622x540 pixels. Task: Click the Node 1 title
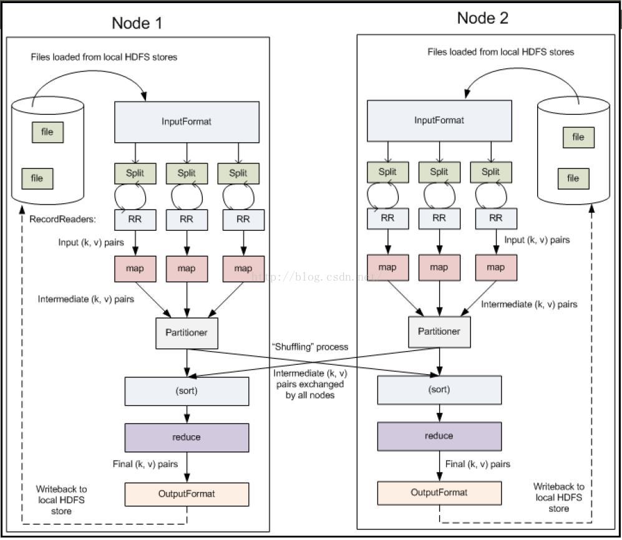(x=137, y=23)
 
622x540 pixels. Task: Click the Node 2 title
(x=482, y=18)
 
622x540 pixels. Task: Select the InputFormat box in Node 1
(x=187, y=122)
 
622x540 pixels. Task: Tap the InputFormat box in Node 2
(x=439, y=120)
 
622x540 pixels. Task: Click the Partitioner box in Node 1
(x=187, y=333)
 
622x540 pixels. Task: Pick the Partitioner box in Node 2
(x=440, y=332)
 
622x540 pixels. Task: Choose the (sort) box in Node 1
(x=187, y=391)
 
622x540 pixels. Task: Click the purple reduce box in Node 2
(x=439, y=436)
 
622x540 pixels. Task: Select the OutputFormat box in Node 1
(x=187, y=494)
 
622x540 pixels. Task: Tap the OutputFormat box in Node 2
(x=439, y=493)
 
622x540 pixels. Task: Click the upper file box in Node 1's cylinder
(x=47, y=132)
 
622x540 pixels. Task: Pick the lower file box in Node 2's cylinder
(x=573, y=178)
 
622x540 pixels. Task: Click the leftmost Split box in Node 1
(x=135, y=173)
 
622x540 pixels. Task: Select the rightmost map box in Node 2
(x=496, y=268)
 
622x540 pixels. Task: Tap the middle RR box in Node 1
(x=187, y=219)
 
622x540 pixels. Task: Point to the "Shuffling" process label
(x=310, y=347)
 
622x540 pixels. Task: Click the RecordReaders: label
(x=62, y=219)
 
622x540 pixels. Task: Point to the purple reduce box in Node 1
(x=187, y=438)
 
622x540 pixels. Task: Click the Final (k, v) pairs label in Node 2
(x=478, y=464)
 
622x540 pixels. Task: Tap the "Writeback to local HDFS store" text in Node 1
(x=62, y=500)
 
